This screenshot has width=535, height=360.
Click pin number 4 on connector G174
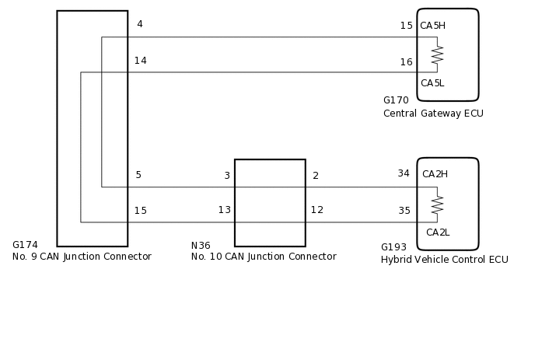coord(139,24)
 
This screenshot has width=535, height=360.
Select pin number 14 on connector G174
coord(140,61)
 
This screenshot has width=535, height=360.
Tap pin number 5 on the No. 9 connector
coord(138,175)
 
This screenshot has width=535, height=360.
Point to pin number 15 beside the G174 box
coord(140,211)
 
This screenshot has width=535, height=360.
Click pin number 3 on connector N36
coord(226,176)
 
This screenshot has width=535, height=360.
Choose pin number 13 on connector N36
coord(224,210)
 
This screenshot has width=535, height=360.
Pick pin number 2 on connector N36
coord(316,176)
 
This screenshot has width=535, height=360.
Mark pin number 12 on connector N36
coord(317,210)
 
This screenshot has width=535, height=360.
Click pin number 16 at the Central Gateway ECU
coord(406,62)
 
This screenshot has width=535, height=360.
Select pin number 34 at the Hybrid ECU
coord(404,173)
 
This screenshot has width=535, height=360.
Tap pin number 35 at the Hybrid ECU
coord(404,211)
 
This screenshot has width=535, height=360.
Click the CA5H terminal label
coord(432,26)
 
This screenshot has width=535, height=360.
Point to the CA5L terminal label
coord(432,83)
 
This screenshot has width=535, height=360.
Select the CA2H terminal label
coord(435,174)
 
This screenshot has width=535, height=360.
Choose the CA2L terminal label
coord(438,232)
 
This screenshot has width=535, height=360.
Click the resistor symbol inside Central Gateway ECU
coord(437,54)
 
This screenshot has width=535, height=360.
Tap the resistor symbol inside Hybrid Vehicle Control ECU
coord(437,204)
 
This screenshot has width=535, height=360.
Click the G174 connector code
coord(25,245)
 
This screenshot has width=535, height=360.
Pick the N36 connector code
coord(201,246)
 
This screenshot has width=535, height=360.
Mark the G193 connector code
coord(394,247)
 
